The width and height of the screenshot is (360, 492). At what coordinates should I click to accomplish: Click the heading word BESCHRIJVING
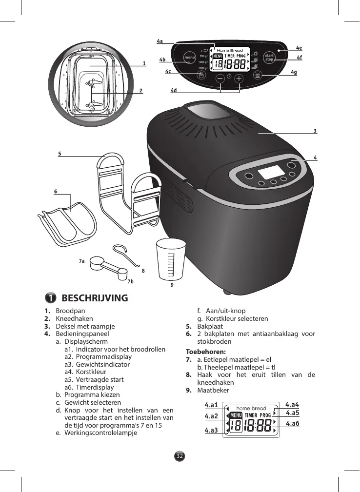[x=95, y=298]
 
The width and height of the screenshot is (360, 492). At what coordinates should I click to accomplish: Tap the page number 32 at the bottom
[x=180, y=456]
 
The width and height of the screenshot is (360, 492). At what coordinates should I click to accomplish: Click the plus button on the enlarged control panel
[x=239, y=78]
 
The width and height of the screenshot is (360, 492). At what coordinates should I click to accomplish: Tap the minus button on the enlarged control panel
[x=220, y=78]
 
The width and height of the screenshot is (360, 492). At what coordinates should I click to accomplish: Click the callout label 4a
[x=160, y=41]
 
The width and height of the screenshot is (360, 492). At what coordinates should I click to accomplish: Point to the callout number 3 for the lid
[x=315, y=131]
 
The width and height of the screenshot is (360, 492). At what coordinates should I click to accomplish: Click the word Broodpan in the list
[x=71, y=311]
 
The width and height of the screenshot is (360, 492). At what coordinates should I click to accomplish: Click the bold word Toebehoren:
[x=205, y=352]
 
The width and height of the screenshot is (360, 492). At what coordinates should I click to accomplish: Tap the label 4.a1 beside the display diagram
[x=211, y=404]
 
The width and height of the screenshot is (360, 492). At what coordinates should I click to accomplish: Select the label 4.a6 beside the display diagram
[x=293, y=423]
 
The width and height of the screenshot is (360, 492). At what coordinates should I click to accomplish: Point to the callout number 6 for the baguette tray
[x=56, y=191]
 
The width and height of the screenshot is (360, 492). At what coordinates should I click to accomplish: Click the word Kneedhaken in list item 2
[x=74, y=318]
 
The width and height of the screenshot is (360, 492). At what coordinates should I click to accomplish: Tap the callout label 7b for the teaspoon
[x=130, y=281]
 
